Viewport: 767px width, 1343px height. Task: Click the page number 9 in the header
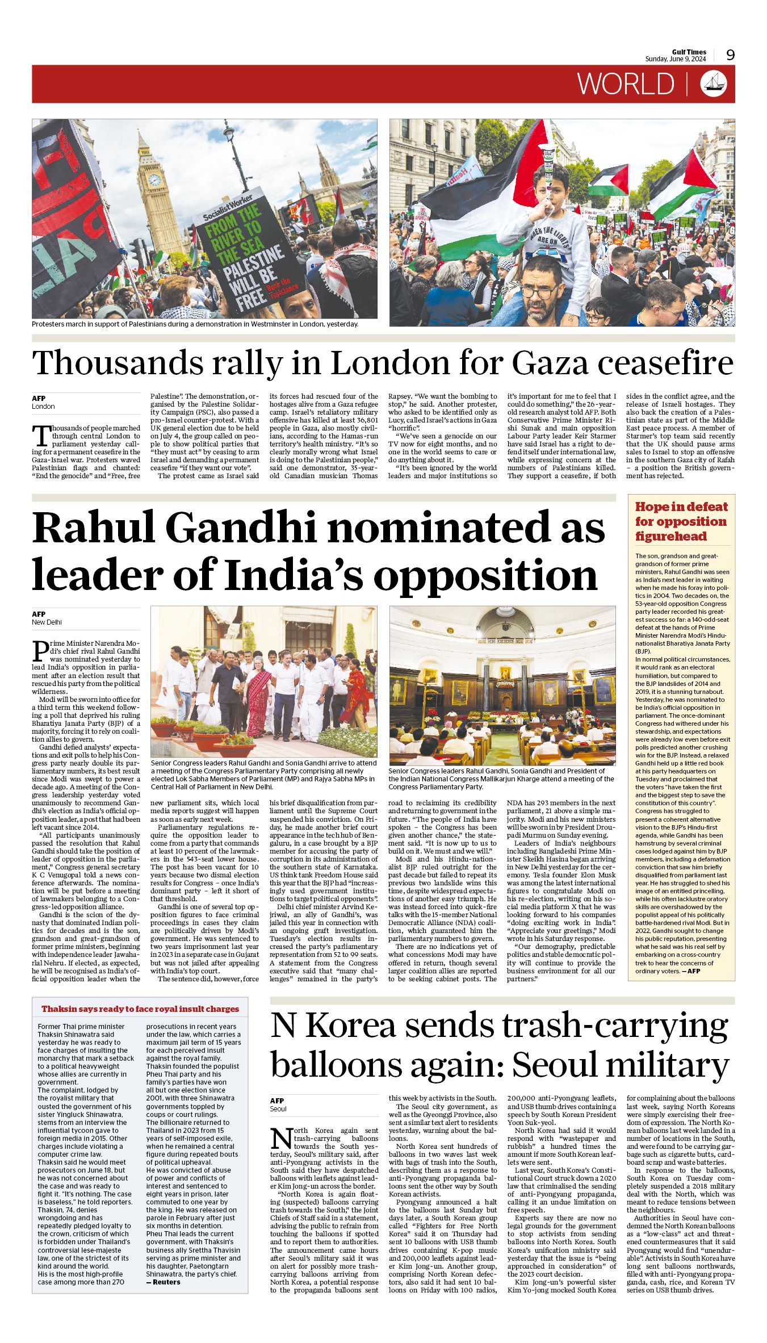pyautogui.click(x=730, y=55)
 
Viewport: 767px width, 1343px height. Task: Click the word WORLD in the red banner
pyautogui.click(x=626, y=84)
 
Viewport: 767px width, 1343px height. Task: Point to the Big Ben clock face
pyautogui.click(x=154, y=180)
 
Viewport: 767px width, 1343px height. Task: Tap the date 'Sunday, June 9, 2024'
pyautogui.click(x=675, y=59)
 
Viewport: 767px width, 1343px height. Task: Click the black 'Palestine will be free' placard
pyautogui.click(x=249, y=253)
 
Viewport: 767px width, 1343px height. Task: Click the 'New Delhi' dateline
pyautogui.click(x=47, y=622)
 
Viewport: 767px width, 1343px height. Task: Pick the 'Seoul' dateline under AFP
pyautogui.click(x=278, y=1108)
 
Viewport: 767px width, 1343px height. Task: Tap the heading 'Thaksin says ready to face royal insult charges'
pyautogui.click(x=140, y=1009)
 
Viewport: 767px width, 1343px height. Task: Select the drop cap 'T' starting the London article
pyautogui.click(x=42, y=436)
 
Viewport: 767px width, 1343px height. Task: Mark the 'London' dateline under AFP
pyautogui.click(x=43, y=406)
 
